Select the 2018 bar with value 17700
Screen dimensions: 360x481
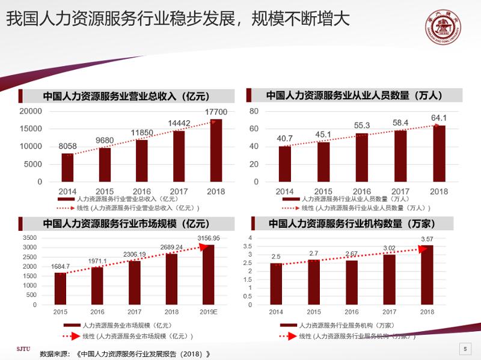click(216, 150)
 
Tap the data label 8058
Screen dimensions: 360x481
click(67, 146)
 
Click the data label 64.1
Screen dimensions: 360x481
click(439, 118)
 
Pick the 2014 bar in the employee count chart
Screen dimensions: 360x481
click(284, 163)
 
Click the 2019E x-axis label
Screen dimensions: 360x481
click(208, 312)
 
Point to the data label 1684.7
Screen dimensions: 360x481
click(60, 266)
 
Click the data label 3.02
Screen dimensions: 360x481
click(390, 247)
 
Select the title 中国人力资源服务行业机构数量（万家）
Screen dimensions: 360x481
click(352, 224)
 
